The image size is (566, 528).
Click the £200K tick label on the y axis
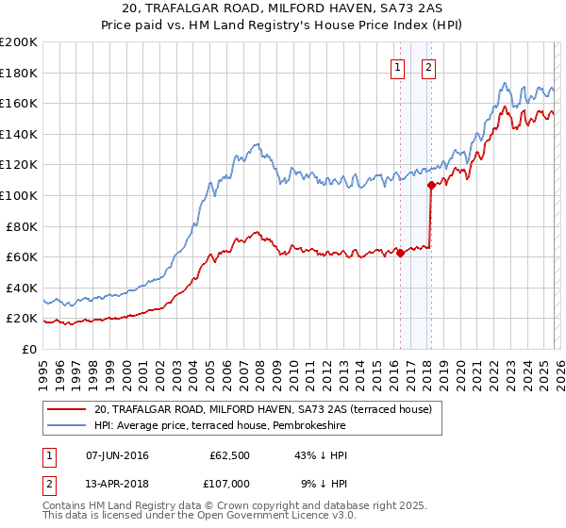click(x=19, y=42)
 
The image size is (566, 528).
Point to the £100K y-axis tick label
click(x=19, y=195)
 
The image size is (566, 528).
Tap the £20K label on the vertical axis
click(x=22, y=319)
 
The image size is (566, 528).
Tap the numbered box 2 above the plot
click(x=428, y=67)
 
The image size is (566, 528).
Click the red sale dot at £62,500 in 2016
click(x=400, y=253)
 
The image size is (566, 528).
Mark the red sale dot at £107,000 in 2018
click(x=431, y=185)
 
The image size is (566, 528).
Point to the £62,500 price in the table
click(x=230, y=455)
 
